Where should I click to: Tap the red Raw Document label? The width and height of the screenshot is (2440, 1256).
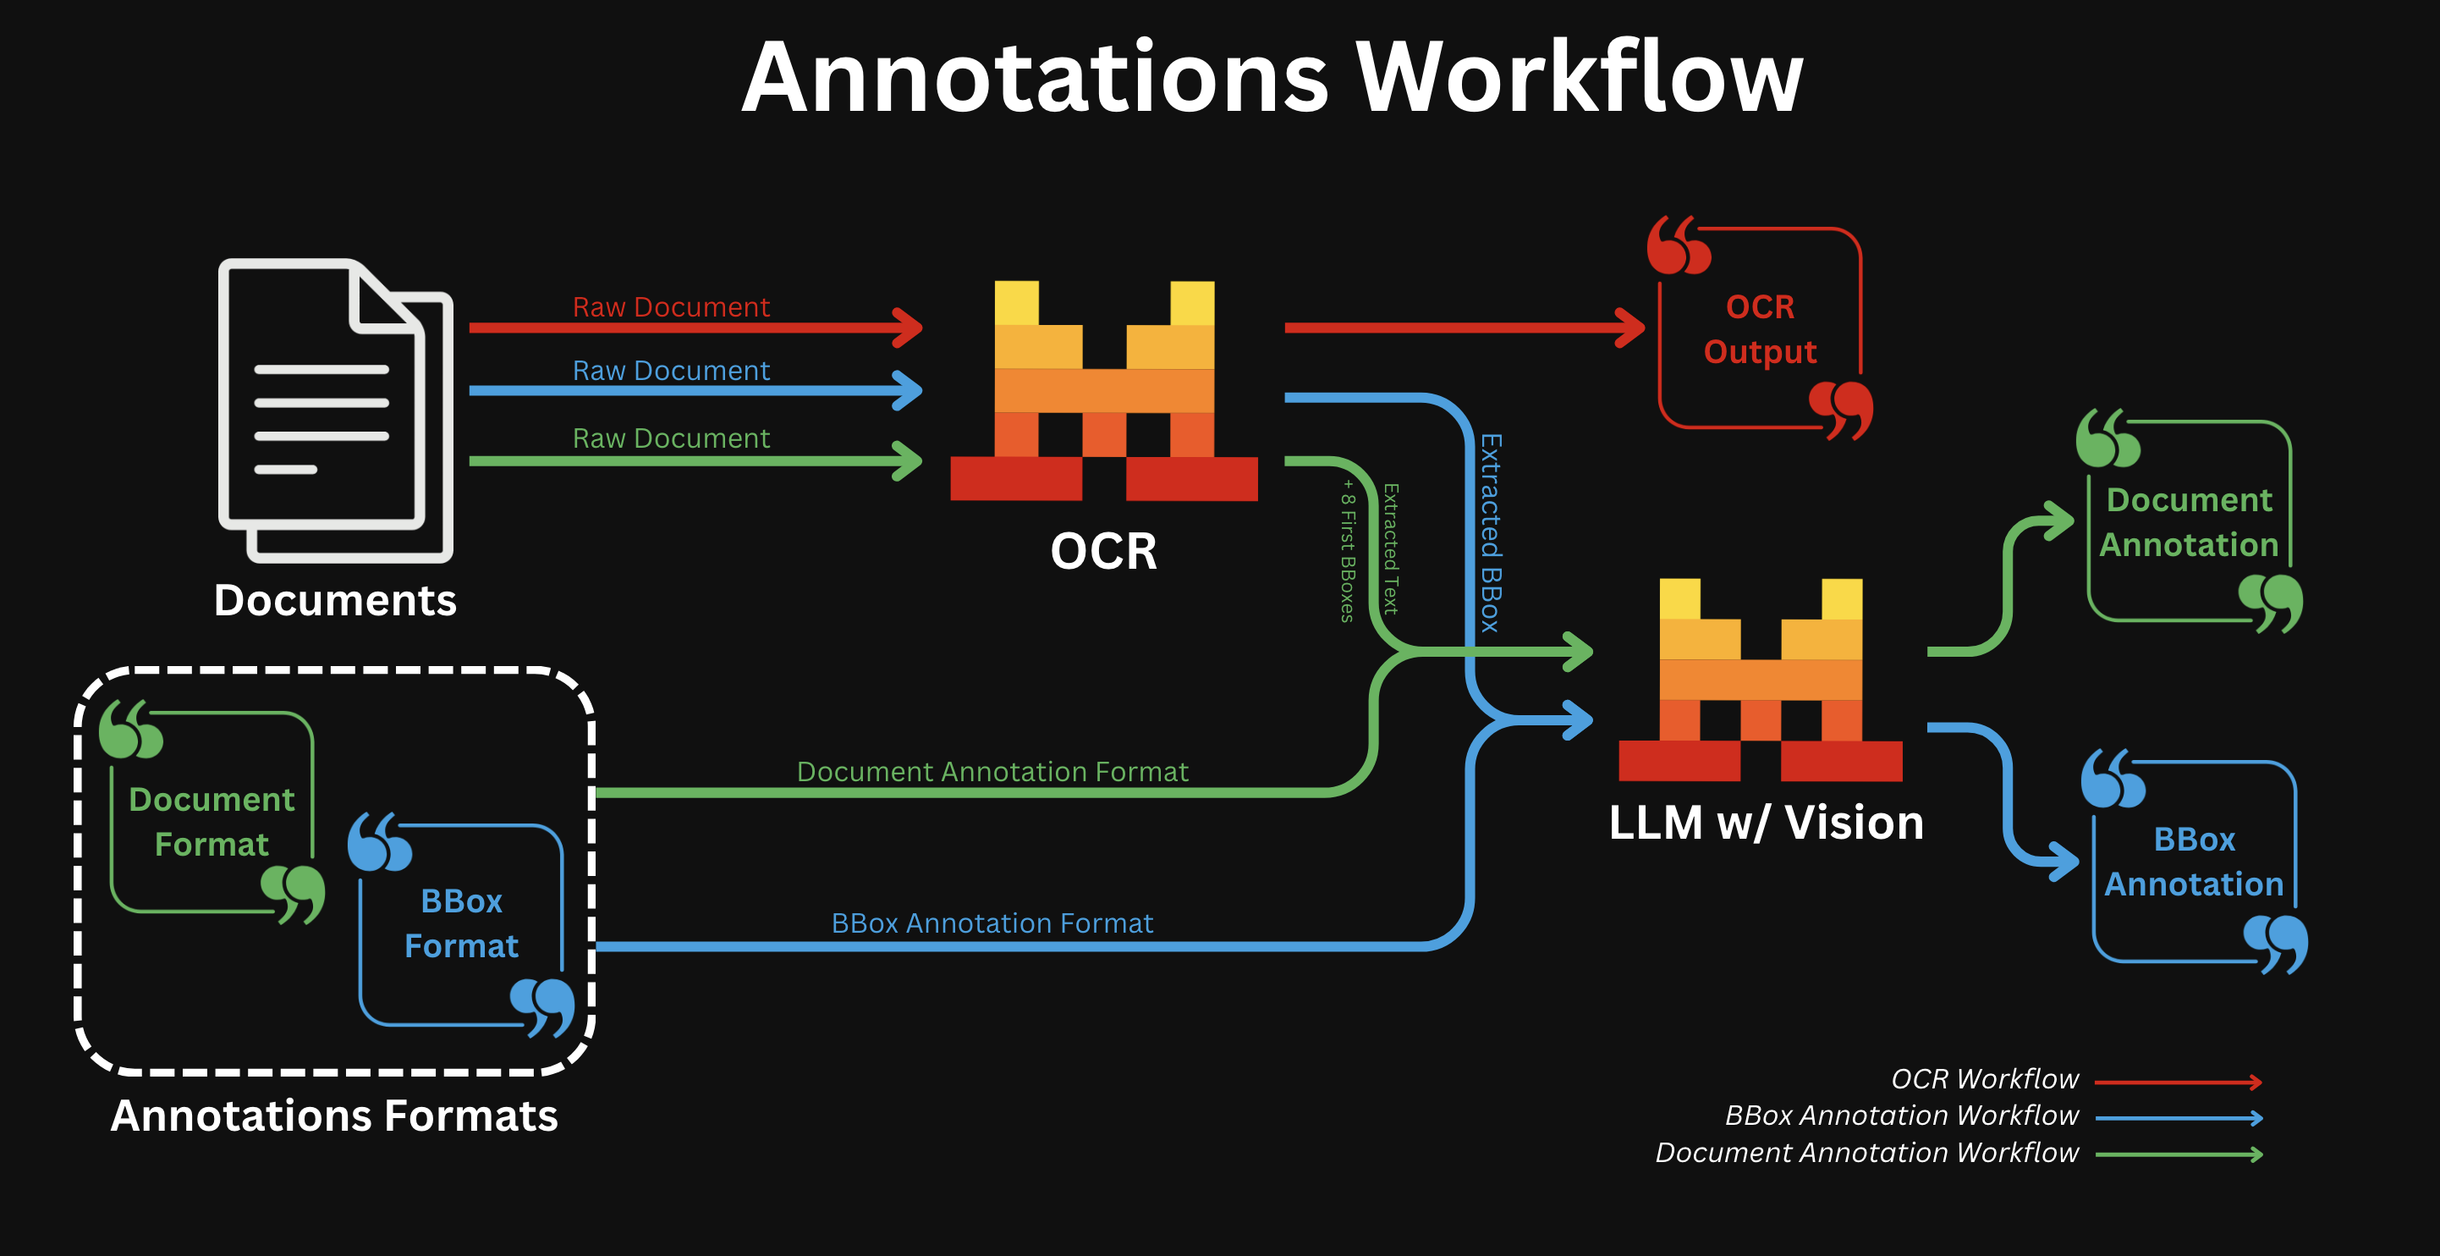point(671,307)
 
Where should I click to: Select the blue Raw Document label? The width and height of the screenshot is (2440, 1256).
point(671,371)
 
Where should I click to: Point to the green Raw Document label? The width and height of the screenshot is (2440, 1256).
point(671,438)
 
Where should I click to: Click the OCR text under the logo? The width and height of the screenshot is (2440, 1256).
point(1103,551)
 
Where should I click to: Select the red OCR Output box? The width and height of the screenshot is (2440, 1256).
point(1760,328)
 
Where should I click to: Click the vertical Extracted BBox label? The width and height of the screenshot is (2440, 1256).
point(1491,532)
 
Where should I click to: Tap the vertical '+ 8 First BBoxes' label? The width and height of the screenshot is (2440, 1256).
point(1348,550)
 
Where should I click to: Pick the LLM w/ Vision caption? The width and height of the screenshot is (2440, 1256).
point(1766,822)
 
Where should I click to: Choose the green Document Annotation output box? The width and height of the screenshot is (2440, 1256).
point(2189,522)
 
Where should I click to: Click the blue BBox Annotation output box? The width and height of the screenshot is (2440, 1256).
point(2194,861)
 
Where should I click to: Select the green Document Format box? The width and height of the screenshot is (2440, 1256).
point(212,821)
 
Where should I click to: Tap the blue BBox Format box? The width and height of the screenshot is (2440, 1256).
point(461,923)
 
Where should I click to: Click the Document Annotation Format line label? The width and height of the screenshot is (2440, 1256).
point(992,772)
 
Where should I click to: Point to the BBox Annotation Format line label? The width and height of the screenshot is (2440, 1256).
point(992,923)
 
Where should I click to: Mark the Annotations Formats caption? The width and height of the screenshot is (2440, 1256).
point(334,1116)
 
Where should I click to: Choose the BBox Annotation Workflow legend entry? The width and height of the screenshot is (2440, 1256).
point(1901,1116)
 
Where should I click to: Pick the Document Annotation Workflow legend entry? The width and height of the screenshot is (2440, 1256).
point(1866,1153)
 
